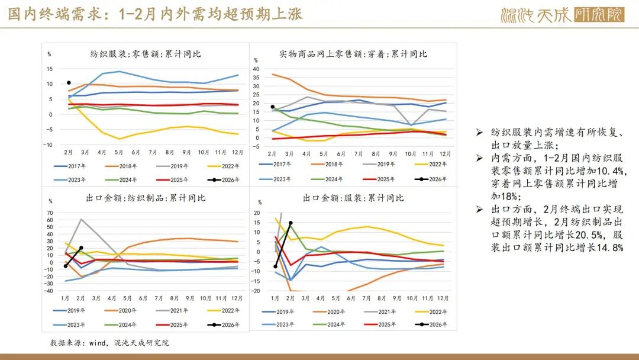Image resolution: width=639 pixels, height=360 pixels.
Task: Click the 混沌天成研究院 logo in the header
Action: [x=561, y=15]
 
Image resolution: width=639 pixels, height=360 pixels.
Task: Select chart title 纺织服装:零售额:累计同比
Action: [x=146, y=54]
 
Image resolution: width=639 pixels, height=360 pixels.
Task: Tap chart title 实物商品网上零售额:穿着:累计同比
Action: [x=353, y=54]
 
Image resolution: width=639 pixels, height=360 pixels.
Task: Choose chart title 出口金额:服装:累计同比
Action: [x=353, y=198]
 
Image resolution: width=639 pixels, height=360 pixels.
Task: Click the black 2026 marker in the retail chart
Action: [x=69, y=83]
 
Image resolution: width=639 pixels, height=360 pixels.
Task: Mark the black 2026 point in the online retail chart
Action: [x=272, y=107]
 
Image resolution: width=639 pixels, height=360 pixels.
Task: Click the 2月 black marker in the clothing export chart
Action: [x=291, y=223]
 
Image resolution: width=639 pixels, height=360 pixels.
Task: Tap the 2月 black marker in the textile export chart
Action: [x=81, y=248]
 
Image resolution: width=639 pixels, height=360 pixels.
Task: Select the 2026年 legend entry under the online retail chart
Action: [x=431, y=179]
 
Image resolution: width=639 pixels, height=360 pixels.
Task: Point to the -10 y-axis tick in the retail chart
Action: [x=49, y=145]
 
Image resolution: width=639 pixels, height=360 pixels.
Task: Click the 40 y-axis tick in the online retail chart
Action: [x=256, y=69]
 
